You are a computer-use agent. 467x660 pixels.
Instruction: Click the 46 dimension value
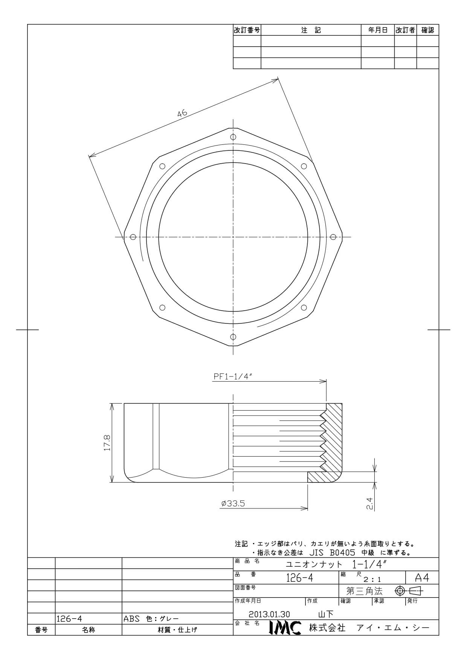[182, 113]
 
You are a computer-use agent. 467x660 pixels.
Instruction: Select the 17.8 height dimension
[107, 443]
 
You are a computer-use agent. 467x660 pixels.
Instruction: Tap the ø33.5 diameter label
[233, 503]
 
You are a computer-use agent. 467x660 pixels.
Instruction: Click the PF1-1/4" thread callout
[232, 377]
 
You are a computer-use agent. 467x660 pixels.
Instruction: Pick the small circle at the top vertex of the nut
[233, 137]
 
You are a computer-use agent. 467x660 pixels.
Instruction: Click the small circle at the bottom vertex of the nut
[233, 337]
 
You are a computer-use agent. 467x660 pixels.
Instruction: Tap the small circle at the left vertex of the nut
[133, 237]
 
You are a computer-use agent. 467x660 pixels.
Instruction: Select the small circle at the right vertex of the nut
[333, 237]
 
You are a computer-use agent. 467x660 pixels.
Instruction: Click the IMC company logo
[285, 628]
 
